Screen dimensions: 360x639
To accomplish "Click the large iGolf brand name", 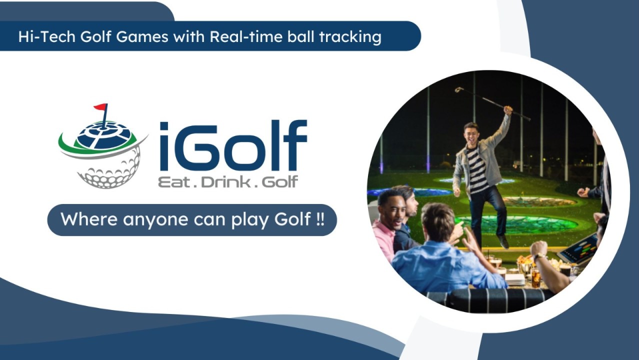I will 233,145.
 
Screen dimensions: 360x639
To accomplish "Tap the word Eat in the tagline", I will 173,182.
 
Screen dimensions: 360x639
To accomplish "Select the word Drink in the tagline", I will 222,182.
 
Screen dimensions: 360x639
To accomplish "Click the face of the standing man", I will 471,133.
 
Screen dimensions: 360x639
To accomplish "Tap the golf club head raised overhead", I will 458,89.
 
